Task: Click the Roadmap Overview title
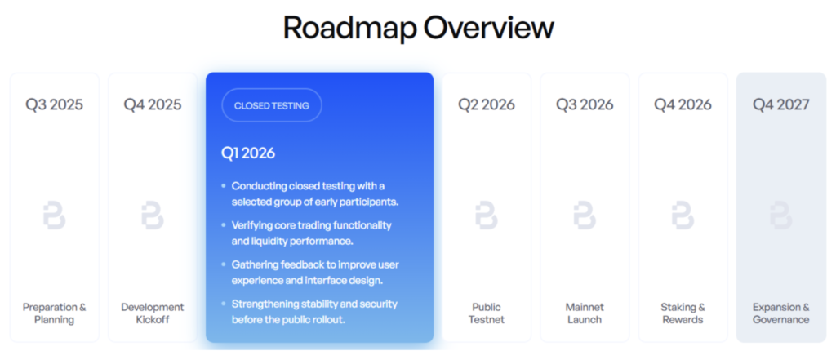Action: pos(418,28)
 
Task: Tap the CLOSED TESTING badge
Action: pos(271,105)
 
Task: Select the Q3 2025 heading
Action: pos(54,104)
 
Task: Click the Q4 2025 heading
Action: pos(153,104)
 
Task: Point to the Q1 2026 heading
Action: pos(248,153)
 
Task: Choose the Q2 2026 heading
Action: pos(487,104)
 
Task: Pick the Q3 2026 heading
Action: pos(585,104)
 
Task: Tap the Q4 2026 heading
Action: pos(683,104)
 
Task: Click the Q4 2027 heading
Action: pos(781,104)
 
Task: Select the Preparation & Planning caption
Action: pos(54,313)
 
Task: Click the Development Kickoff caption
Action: pos(153,313)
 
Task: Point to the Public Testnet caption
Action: pos(487,313)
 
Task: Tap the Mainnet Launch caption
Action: pos(585,313)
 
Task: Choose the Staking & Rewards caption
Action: pos(683,313)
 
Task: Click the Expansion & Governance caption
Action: pos(781,313)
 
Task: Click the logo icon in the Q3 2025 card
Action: pos(54,216)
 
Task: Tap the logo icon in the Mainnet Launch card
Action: pos(585,216)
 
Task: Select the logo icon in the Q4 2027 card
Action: pos(781,216)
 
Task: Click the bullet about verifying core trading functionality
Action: pos(318,233)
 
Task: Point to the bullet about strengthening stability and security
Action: pos(313,312)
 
